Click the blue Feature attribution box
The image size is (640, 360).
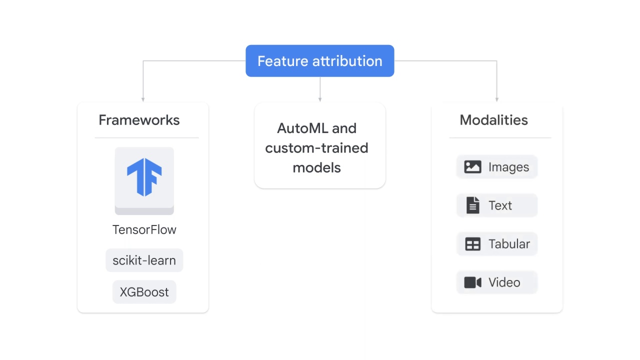click(x=320, y=61)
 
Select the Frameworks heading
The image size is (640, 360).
click(x=139, y=120)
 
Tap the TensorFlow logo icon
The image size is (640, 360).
click(x=144, y=177)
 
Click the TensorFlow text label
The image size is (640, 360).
click(x=144, y=229)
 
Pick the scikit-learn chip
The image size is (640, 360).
click(x=144, y=260)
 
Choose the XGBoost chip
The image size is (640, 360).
click(x=144, y=292)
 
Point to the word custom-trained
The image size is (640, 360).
click(x=316, y=148)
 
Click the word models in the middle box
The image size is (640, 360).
click(x=316, y=167)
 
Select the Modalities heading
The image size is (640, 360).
click(x=493, y=120)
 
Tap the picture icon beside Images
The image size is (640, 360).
click(x=472, y=167)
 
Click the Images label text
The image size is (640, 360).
click(x=508, y=167)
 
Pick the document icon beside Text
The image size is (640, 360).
click(x=472, y=205)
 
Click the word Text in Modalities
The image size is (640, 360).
click(x=500, y=205)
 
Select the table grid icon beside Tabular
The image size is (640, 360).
click(x=472, y=244)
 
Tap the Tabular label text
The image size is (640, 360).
click(x=509, y=244)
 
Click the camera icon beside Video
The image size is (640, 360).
click(x=472, y=282)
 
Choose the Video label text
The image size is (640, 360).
click(x=504, y=282)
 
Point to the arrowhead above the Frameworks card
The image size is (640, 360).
click(x=143, y=99)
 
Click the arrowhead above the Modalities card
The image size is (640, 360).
click(x=496, y=99)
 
